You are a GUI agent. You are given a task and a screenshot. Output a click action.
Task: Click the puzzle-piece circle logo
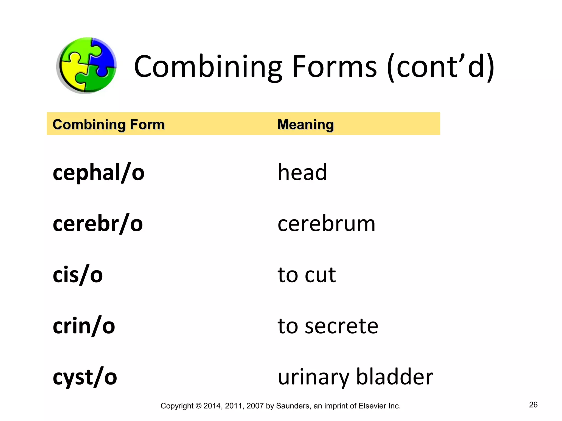click(87, 65)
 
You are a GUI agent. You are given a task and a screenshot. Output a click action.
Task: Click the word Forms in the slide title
click(334, 67)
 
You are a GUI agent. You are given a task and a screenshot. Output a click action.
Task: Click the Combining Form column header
click(109, 124)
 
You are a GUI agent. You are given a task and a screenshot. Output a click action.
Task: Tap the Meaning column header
click(305, 124)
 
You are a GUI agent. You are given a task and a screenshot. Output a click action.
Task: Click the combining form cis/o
click(78, 275)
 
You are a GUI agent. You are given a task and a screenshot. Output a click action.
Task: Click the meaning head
click(302, 172)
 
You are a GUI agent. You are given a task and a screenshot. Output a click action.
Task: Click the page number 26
click(533, 405)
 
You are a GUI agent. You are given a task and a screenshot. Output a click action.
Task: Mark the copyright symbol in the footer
click(198, 406)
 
